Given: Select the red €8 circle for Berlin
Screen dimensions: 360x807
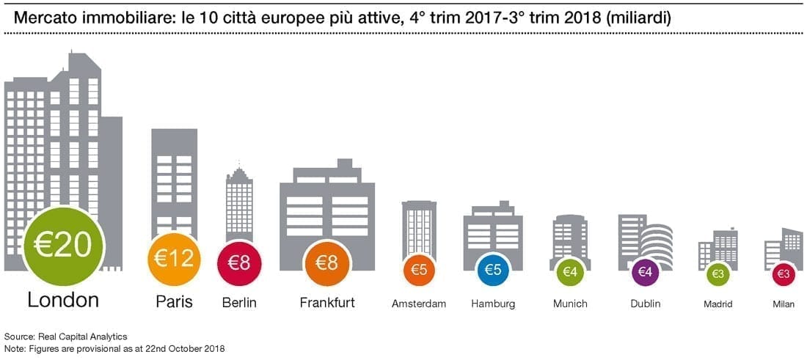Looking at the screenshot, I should (239, 263).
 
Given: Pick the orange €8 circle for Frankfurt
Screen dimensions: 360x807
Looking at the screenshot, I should (326, 263).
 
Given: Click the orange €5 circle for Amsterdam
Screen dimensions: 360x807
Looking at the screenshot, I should (419, 269).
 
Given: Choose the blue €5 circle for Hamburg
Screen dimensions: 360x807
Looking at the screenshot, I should (493, 269).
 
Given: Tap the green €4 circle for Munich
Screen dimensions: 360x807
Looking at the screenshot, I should (569, 271).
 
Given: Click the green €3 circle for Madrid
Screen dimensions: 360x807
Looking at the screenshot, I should (717, 274).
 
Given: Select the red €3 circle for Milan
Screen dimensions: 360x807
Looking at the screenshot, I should (784, 274).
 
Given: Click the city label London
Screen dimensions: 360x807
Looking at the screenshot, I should (62, 301).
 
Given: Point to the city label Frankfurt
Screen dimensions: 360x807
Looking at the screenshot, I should (326, 302).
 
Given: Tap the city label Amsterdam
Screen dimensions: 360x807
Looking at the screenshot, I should (419, 304).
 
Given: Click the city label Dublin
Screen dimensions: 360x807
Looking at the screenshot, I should (646, 304).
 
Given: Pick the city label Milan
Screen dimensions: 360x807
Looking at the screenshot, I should (784, 304).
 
